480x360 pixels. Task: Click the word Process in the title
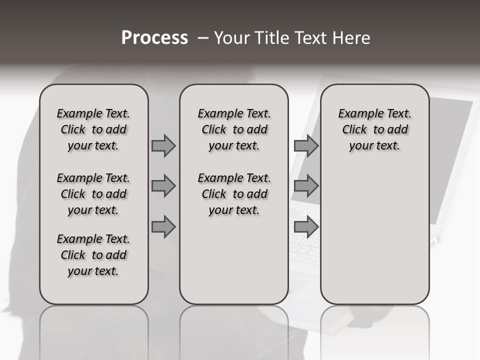coord(154,37)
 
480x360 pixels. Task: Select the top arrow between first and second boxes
coord(163,145)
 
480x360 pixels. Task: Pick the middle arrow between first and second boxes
coord(163,186)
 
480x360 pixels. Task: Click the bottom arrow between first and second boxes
coord(163,227)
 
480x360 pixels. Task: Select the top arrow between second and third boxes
coord(306,145)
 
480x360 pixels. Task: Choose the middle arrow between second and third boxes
coord(306,186)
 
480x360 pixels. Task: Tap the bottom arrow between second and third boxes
coord(306,227)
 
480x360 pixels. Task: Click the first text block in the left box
coord(93,129)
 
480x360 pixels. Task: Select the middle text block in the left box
coord(93,194)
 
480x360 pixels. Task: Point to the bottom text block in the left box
coord(93,255)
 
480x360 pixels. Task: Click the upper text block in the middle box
coord(234,129)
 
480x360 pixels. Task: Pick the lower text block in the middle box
coord(234,194)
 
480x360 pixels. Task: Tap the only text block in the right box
coord(374,129)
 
